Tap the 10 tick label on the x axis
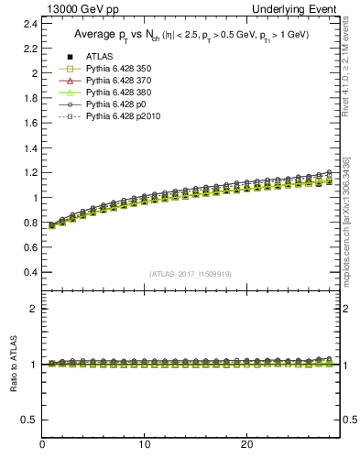point(144,444)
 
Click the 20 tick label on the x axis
point(245,444)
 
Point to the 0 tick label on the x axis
point(43,444)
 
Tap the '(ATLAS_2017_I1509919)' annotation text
point(191,273)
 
